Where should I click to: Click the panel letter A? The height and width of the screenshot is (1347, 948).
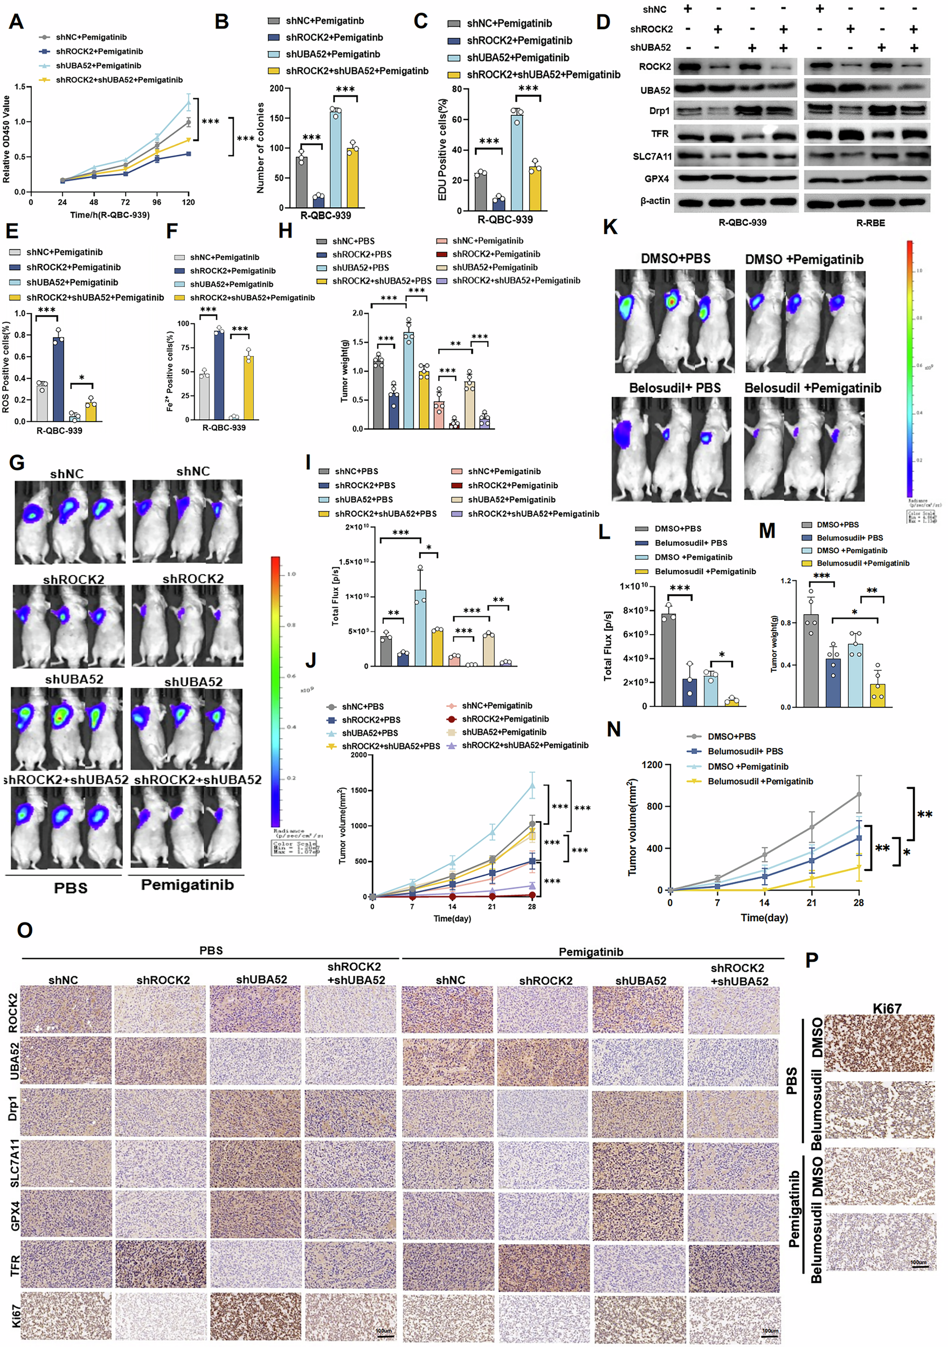16,22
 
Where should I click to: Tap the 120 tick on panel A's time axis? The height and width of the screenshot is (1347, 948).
189,203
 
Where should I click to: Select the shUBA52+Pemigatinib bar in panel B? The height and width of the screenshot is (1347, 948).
335,158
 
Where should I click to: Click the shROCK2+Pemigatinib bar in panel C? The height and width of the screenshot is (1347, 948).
499,203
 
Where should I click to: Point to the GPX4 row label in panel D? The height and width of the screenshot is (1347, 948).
658,178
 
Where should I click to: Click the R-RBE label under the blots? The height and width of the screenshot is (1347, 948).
870,223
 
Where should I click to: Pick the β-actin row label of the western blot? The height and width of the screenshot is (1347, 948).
655,200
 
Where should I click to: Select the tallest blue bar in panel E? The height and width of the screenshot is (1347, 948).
58,379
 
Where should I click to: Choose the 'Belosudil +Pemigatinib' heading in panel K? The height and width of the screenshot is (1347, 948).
812,388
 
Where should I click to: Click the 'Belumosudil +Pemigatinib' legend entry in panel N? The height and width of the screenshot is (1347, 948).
760,781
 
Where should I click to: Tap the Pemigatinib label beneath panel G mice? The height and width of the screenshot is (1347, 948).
187,885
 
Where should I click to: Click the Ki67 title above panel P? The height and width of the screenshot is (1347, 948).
887,1009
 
